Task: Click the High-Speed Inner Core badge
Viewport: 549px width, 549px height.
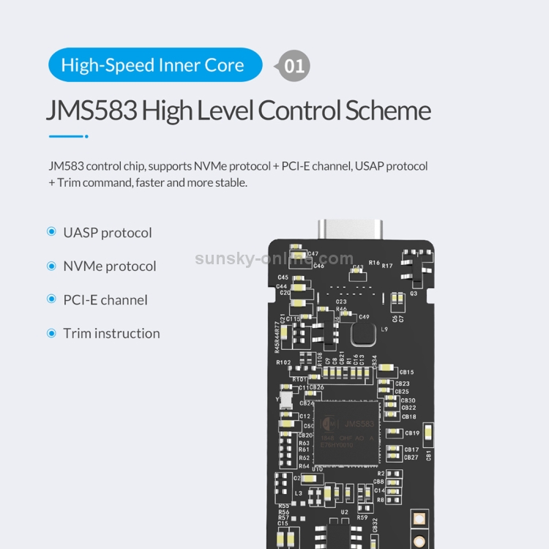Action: tap(154, 65)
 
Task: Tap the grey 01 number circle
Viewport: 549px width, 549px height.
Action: tap(294, 66)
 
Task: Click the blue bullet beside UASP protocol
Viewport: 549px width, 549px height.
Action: tap(51, 232)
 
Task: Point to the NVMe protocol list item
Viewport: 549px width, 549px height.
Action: tap(110, 266)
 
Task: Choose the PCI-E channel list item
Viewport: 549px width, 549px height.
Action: tap(105, 300)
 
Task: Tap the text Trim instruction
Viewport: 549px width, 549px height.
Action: tap(111, 334)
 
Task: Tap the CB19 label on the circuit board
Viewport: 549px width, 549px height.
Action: tap(411, 433)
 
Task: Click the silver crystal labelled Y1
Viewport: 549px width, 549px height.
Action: tap(285, 400)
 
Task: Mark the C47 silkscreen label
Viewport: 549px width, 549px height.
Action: tap(313, 254)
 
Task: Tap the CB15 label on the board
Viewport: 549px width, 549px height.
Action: tap(406, 372)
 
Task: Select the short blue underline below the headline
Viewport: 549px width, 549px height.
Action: tap(68, 136)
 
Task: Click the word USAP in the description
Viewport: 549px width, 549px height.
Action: tap(370, 166)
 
